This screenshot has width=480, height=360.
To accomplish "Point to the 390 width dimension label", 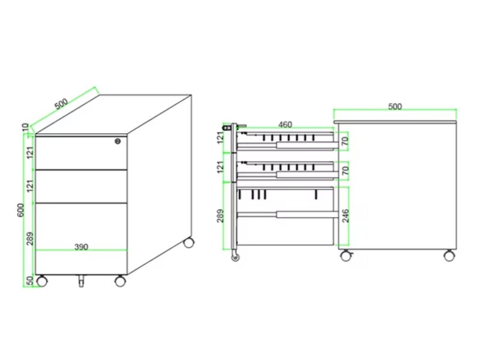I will point(82,247).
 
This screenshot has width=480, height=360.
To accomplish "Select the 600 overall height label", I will point(20,211).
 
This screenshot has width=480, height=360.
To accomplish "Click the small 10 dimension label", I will point(25,127).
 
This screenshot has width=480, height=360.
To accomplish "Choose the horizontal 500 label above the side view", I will point(394,107).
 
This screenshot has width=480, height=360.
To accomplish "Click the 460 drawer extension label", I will point(285,125).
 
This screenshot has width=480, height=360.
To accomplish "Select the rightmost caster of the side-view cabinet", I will point(448,256).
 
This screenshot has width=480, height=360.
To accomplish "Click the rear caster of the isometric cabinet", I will point(189,243).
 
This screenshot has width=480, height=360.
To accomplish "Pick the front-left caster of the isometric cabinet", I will point(41,280).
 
